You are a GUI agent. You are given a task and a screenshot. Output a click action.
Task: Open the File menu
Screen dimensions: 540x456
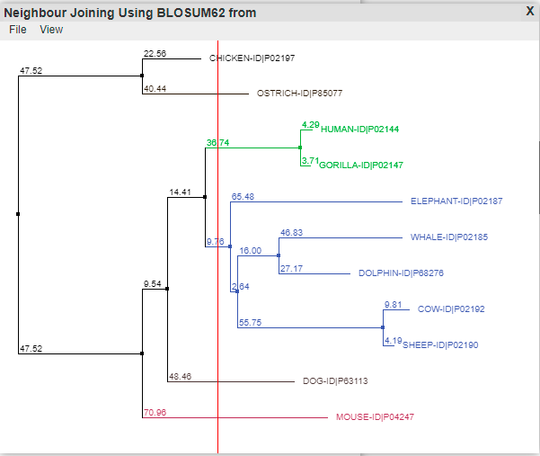[18, 30]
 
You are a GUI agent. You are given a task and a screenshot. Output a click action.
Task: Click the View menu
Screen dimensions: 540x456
[51, 30]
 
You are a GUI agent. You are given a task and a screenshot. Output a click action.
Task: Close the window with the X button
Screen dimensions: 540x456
[530, 11]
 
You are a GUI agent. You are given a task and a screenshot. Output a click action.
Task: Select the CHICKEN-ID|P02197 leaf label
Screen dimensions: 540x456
[252, 58]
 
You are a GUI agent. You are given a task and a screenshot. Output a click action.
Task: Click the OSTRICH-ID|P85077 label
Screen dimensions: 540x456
[299, 93]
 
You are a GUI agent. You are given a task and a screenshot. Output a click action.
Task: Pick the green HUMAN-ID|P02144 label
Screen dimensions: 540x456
[360, 130]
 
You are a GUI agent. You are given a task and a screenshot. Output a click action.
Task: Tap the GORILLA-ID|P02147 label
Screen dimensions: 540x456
[361, 165]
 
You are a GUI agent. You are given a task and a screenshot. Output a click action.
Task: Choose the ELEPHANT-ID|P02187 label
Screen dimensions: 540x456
[456, 201]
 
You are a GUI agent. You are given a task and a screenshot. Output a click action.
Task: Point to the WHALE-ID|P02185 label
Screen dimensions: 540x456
[449, 237]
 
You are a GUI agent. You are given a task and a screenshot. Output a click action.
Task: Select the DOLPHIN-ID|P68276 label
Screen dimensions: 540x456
[402, 273]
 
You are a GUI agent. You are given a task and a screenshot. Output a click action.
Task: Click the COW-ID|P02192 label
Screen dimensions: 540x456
[451, 308]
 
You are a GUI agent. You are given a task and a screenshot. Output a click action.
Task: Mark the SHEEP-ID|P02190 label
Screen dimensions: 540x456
[440, 345]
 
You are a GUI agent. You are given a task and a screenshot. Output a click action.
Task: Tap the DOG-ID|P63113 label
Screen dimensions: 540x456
[335, 380]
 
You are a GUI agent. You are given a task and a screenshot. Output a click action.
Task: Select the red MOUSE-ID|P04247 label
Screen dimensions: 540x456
[375, 417]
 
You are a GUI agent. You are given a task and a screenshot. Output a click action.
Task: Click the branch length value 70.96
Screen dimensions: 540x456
[155, 412]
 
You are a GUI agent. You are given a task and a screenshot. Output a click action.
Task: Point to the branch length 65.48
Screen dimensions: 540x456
[243, 196]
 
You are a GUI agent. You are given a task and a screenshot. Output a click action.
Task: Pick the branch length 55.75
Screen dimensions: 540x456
[251, 322]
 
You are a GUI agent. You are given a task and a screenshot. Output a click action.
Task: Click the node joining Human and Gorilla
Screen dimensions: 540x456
[300, 148]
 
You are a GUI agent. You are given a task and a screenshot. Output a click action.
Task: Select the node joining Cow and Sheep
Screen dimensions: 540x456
[383, 327]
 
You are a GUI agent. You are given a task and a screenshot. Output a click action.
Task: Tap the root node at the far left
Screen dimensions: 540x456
[18, 214]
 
